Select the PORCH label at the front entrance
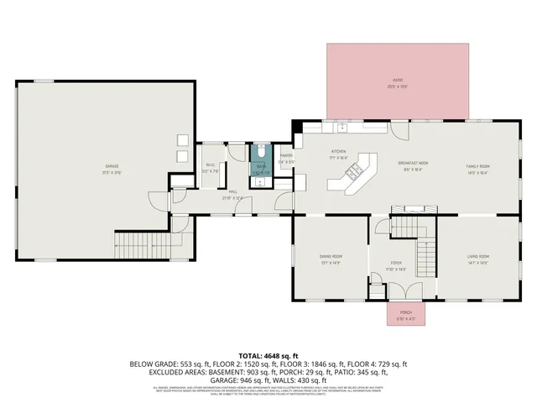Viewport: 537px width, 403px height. click(x=405, y=316)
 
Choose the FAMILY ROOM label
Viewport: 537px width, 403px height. click(x=478, y=166)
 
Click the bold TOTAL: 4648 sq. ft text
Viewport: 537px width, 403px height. click(x=268, y=355)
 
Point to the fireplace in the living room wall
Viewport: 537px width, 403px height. click(x=416, y=208)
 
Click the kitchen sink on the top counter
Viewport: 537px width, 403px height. click(x=343, y=128)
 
